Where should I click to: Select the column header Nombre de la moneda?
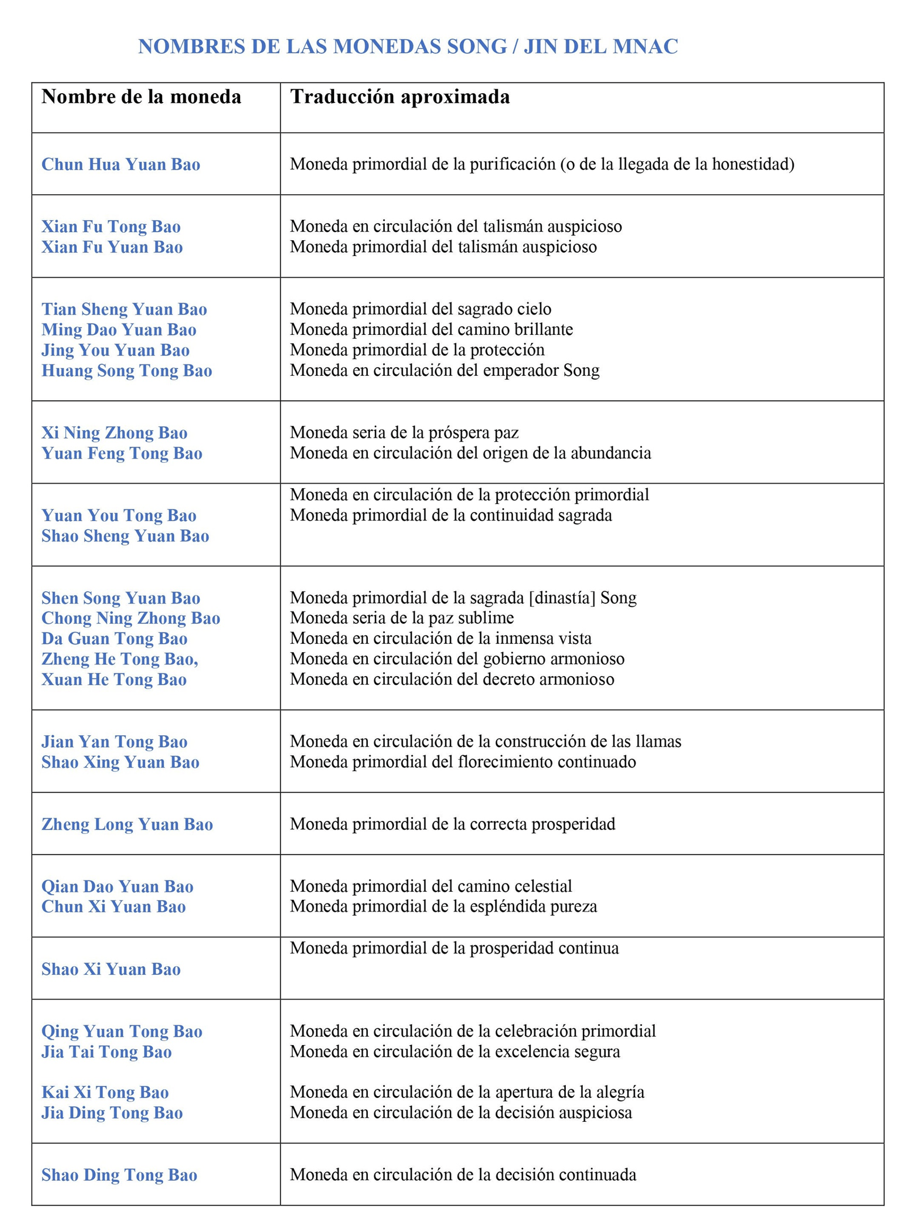[x=141, y=97]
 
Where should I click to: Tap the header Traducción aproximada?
[x=400, y=97]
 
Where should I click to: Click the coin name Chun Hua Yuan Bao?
[x=121, y=165]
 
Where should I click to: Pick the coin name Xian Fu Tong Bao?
[x=111, y=227]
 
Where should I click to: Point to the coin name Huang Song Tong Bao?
[x=127, y=371]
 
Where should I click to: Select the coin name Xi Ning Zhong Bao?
[x=114, y=433]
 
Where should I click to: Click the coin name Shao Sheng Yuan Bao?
[x=125, y=536]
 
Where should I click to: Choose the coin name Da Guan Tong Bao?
[x=114, y=639]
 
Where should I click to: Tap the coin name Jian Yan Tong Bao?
[x=114, y=741]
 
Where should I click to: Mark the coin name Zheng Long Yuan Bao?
[x=127, y=824]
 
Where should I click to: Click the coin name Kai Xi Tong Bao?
[x=105, y=1092]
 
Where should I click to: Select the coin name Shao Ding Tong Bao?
[x=119, y=1175]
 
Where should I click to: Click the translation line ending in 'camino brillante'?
[x=431, y=329]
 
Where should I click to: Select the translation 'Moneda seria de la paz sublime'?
[x=402, y=618]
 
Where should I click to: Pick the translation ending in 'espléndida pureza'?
[x=443, y=906]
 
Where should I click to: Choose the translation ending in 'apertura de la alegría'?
[x=466, y=1092]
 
